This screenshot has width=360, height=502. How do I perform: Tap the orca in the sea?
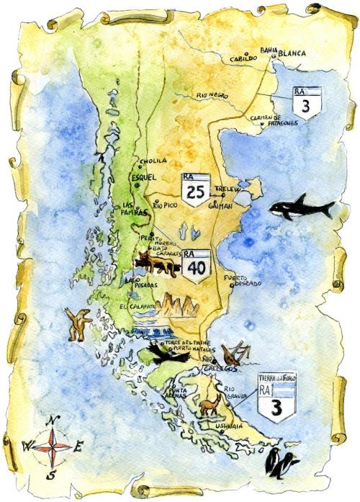(301, 210)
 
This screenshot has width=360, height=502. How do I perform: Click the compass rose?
(50, 447)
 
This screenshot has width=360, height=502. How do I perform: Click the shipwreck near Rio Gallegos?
(235, 356)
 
